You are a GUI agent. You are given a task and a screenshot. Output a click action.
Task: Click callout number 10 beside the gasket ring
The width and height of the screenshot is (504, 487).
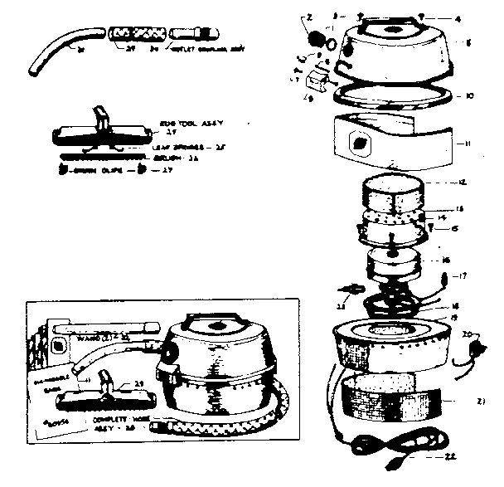pos(469,96)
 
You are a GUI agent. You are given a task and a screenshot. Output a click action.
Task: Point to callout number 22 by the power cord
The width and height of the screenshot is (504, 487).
pos(450,457)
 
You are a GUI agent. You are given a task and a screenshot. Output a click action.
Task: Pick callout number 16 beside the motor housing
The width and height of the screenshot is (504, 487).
pos(446,260)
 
